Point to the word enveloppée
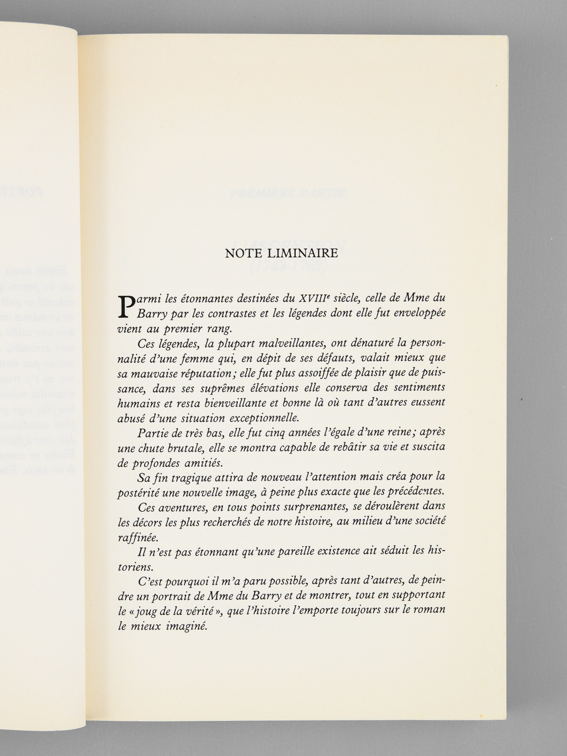click(x=419, y=314)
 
